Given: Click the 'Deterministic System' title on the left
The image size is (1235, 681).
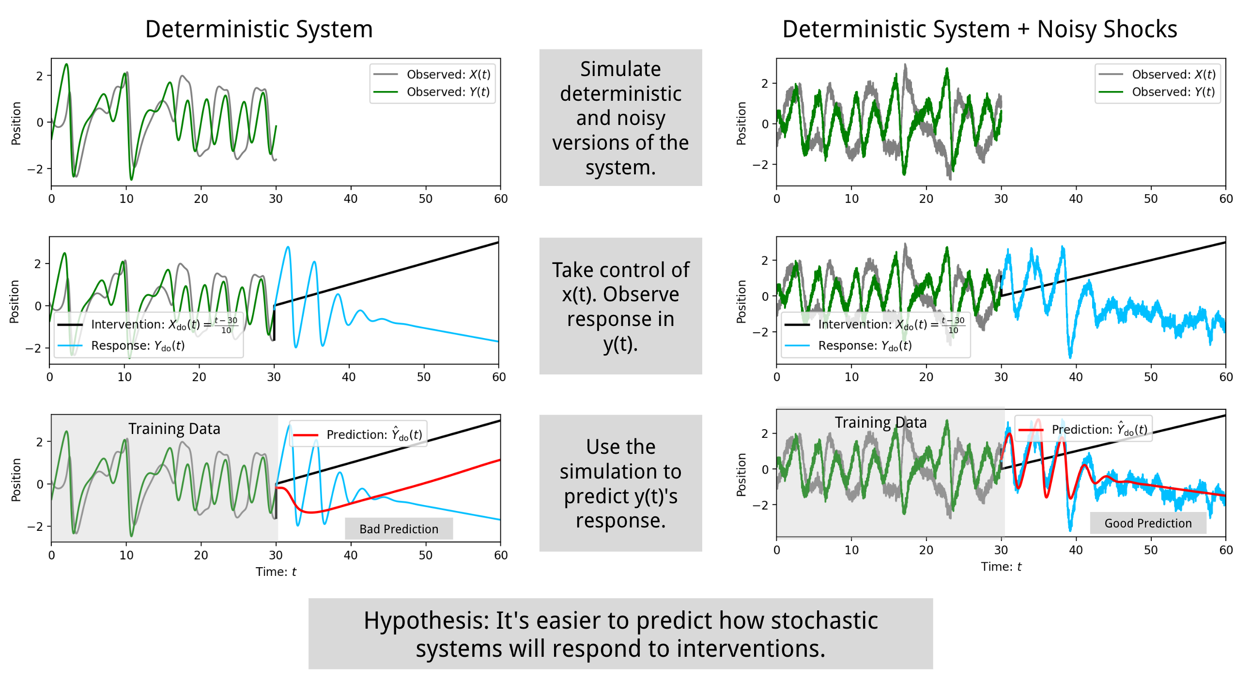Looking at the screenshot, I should point(259,29).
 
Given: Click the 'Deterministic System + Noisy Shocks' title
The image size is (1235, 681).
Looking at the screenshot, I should point(979,29).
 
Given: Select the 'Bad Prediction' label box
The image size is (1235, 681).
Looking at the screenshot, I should point(398,528).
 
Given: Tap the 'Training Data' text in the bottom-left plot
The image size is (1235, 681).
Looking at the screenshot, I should point(174,429).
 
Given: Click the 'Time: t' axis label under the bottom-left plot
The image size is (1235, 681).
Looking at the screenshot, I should point(276,572).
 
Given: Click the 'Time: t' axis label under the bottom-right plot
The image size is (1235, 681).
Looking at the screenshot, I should point(1001,566).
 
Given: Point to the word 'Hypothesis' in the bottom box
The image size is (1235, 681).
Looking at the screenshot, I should point(426,620).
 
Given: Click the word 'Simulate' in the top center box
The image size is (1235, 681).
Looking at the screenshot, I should point(620,69).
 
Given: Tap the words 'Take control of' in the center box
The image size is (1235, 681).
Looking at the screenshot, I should point(620,270).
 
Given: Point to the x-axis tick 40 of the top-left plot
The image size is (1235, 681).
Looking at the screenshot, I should point(350,199).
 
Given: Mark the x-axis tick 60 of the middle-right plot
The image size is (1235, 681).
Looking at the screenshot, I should point(1225,377).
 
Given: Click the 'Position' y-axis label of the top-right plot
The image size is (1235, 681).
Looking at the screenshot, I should point(741,123).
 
